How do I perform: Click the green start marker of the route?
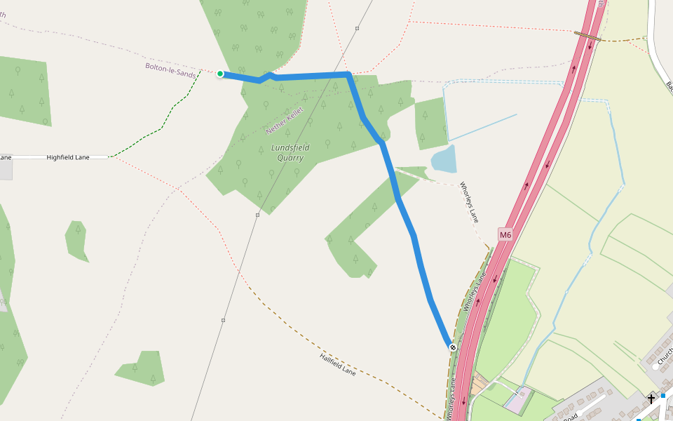point(220,74)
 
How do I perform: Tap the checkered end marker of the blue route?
point(453,347)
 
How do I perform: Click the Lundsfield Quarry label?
point(289,152)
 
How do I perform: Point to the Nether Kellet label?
point(285,121)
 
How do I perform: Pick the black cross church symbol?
point(651,399)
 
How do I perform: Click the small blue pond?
point(444,159)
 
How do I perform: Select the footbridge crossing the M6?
point(587,34)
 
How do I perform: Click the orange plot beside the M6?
point(480,383)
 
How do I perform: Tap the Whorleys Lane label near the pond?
point(469,203)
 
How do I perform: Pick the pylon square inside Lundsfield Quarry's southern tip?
point(257,215)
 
